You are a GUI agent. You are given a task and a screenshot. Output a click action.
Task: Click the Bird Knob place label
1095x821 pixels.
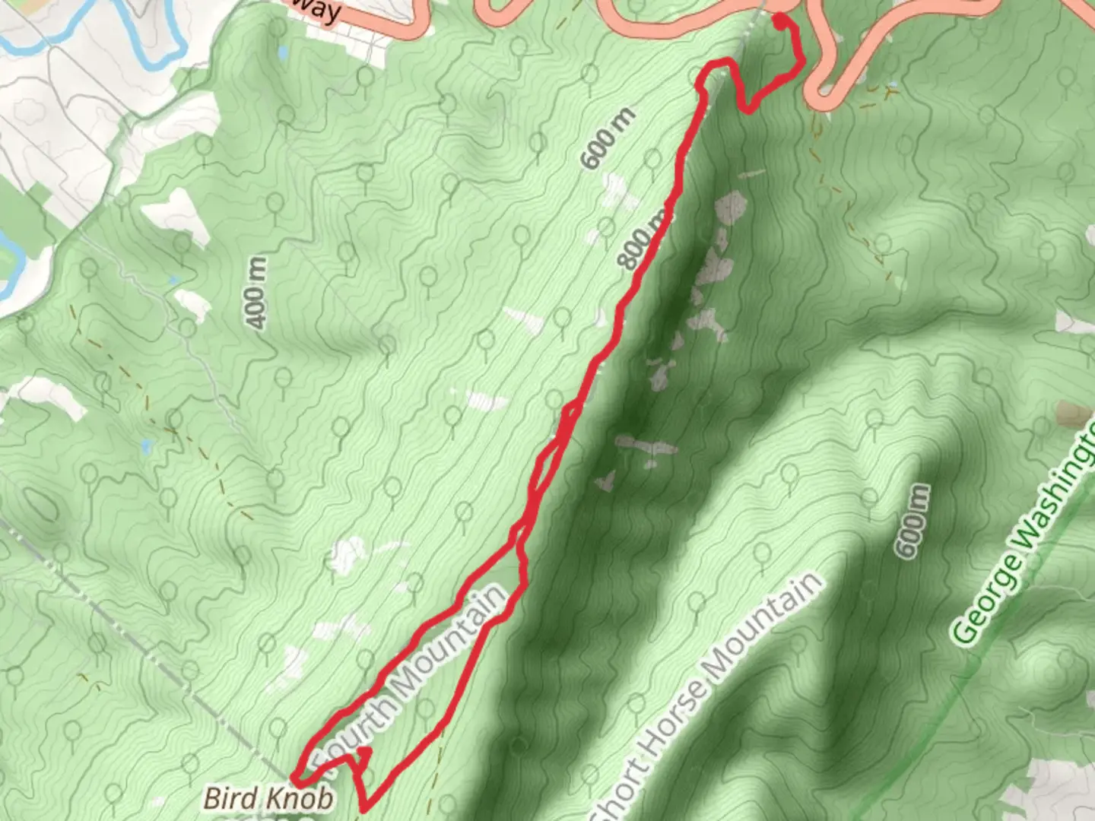tap(268, 798)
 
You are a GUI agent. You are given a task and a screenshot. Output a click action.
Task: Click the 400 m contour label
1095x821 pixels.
tap(257, 293)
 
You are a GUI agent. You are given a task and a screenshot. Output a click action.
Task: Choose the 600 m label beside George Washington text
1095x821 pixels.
tap(912, 521)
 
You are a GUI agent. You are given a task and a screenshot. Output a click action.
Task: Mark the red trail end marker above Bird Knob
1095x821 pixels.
tap(364, 752)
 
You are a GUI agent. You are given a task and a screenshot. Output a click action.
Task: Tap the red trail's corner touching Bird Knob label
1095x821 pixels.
tap(296, 778)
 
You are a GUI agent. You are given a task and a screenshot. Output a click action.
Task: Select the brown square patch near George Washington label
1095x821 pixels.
tap(1075, 414)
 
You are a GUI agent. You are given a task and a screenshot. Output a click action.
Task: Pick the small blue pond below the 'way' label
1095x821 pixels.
tap(283, 53)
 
